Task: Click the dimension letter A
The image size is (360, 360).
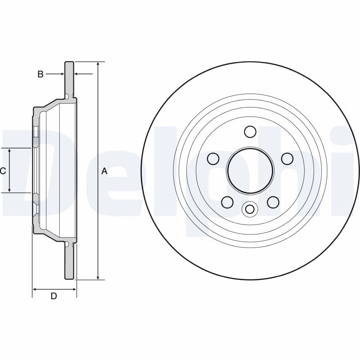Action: (x=104, y=171)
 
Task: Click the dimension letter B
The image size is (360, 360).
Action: (x=40, y=74)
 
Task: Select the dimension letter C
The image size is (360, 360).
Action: (x=3, y=171)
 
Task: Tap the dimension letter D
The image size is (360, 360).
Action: (x=54, y=296)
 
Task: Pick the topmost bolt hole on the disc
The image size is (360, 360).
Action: (x=250, y=131)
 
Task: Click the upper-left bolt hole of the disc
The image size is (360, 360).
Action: (x=213, y=159)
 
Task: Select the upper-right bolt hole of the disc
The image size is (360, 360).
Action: (x=287, y=159)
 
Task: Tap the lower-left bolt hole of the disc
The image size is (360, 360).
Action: (x=227, y=202)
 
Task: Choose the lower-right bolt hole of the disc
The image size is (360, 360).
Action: (x=273, y=202)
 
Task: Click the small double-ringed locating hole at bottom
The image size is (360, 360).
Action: (x=250, y=209)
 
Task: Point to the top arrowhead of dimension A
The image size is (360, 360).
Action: (x=98, y=64)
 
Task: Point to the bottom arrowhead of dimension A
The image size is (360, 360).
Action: (x=98, y=277)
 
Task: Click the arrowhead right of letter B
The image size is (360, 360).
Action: (x=62, y=74)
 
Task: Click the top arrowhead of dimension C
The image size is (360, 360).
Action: (x=9, y=151)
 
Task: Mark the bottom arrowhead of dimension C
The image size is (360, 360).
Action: (x=9, y=190)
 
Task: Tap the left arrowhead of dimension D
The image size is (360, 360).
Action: (x=35, y=289)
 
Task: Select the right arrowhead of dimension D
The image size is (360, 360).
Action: (x=74, y=289)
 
